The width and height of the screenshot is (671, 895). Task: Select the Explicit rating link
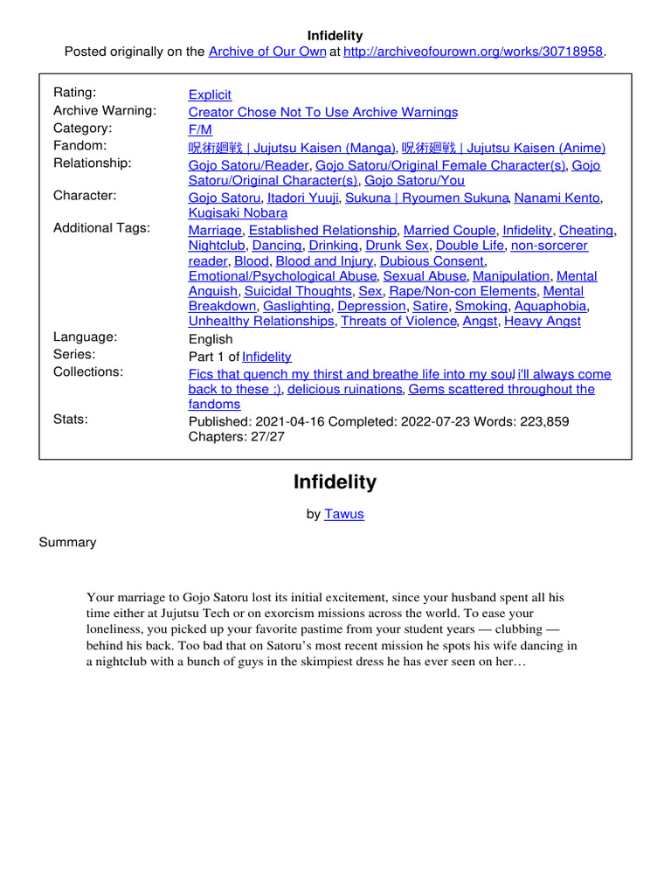(210, 94)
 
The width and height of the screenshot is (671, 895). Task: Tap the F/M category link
(200, 129)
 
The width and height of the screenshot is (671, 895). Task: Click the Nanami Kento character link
(557, 198)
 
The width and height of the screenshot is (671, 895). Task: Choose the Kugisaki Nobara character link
(238, 213)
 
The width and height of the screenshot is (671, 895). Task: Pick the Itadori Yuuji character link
(302, 198)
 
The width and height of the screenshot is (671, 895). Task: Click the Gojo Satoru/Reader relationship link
(248, 165)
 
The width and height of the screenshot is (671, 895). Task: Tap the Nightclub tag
(217, 246)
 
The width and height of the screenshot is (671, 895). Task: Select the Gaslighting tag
(297, 306)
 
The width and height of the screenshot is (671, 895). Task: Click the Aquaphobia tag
(550, 306)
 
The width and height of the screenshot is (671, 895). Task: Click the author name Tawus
(344, 514)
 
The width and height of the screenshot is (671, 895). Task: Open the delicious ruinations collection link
(344, 389)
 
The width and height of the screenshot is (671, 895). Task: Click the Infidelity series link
(266, 357)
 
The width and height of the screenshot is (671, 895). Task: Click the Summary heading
(67, 542)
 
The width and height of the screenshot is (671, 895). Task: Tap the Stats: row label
(71, 420)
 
